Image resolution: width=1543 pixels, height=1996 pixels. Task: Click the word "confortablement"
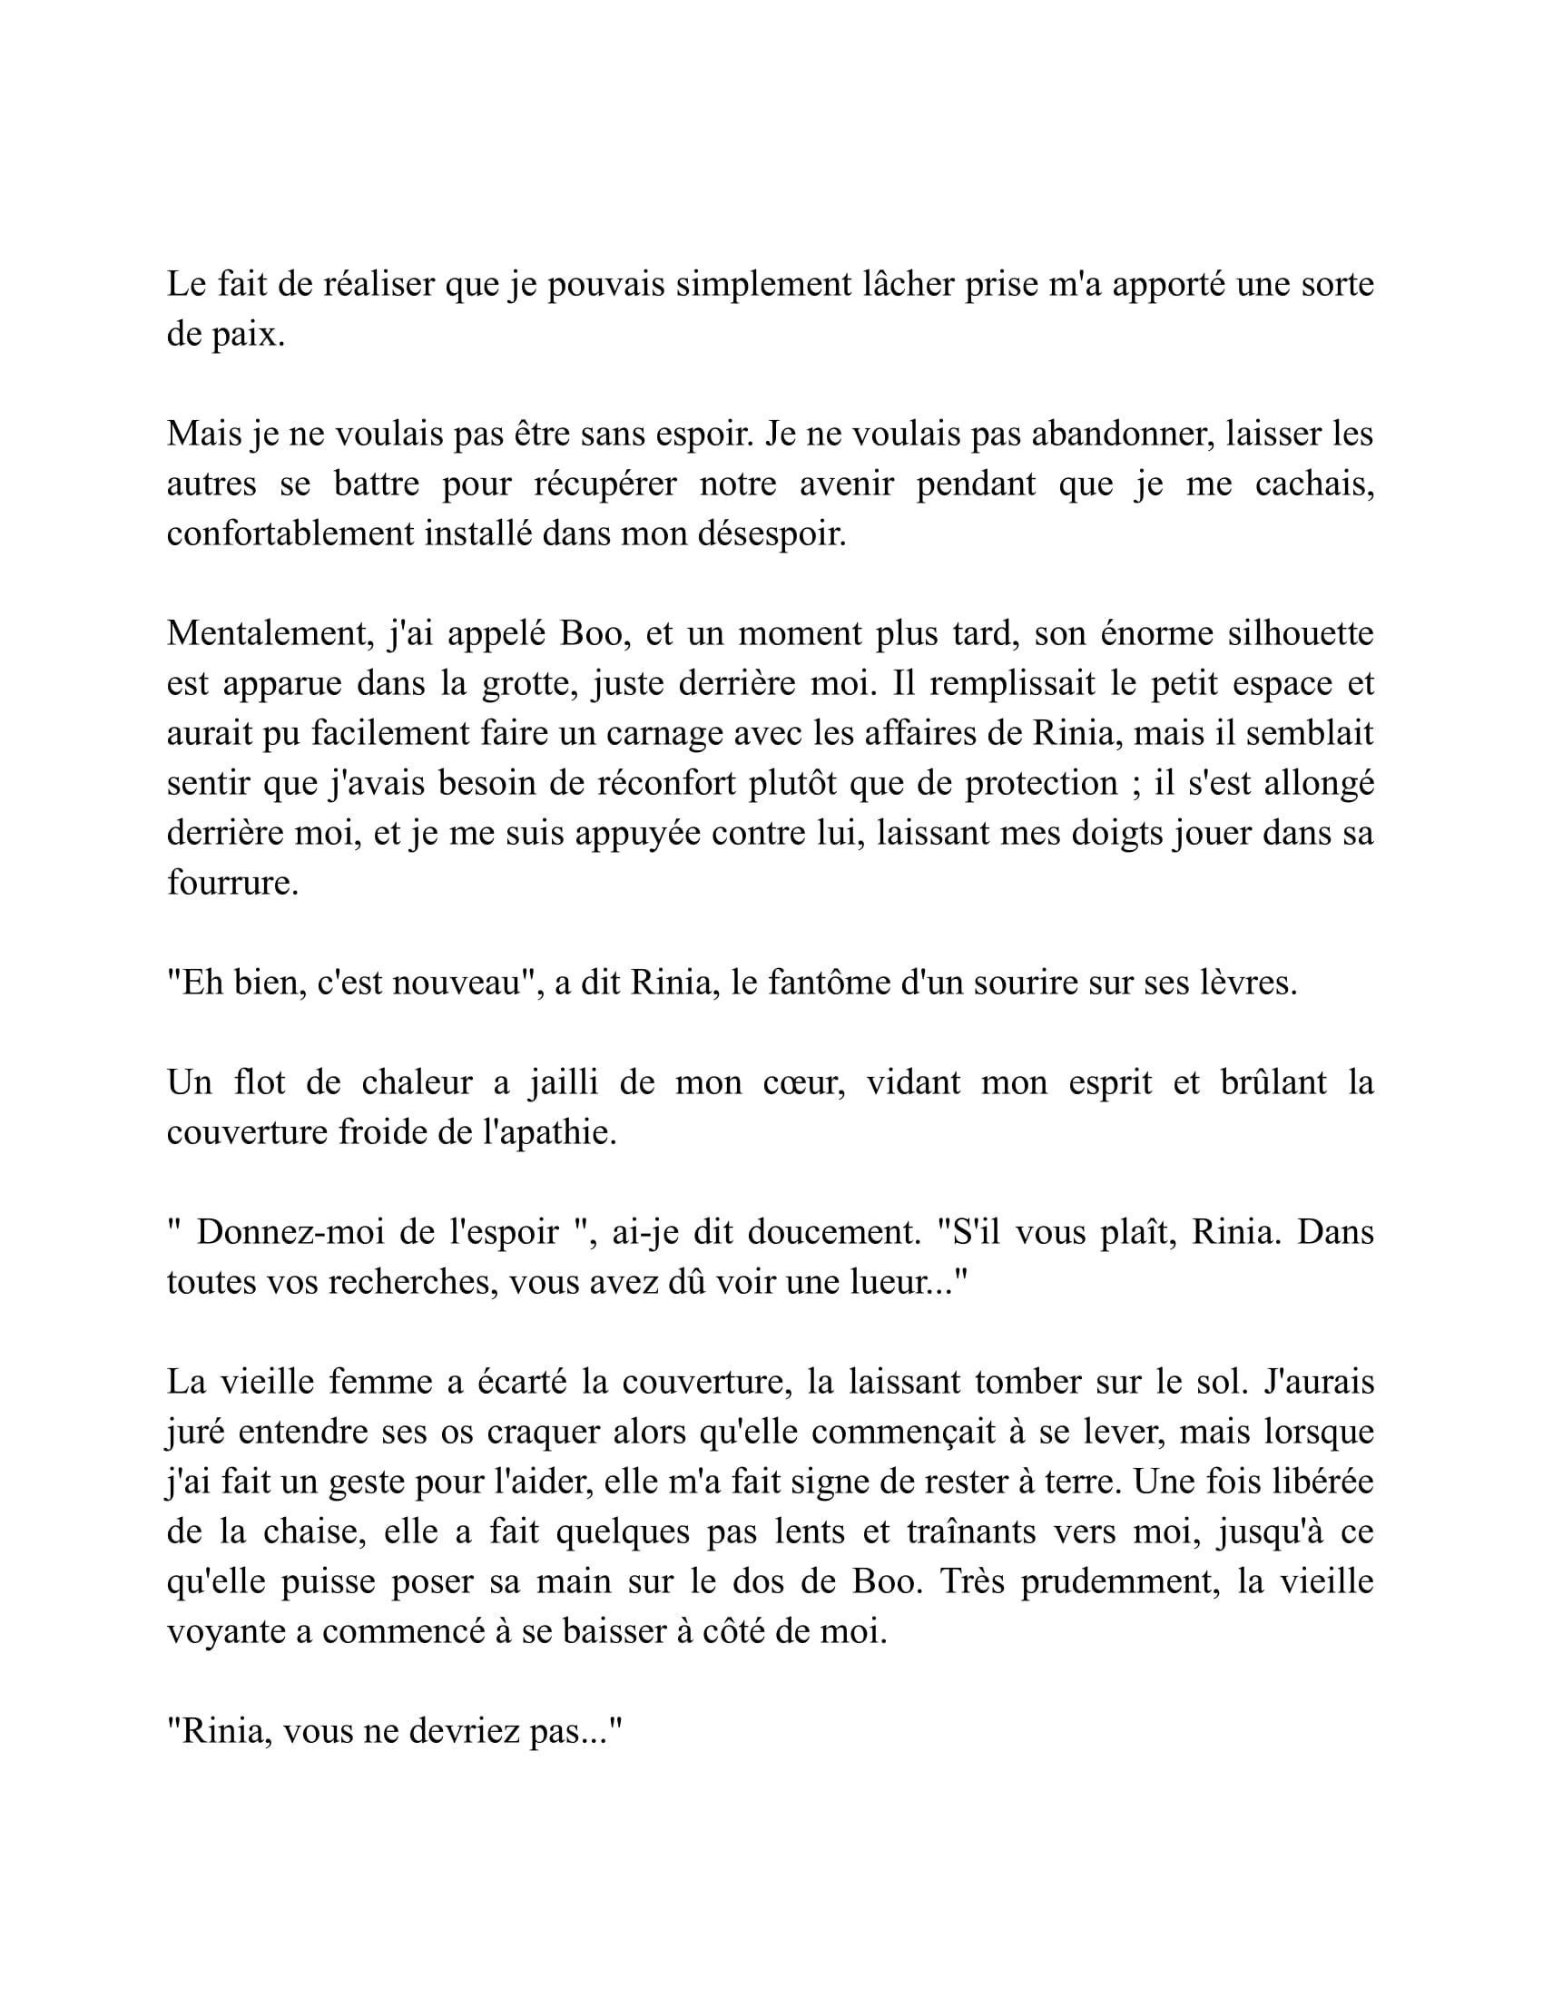[x=290, y=533]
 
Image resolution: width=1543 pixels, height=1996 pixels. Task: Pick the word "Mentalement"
[x=270, y=633]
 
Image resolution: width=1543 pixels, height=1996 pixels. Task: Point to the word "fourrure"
[x=231, y=883]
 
